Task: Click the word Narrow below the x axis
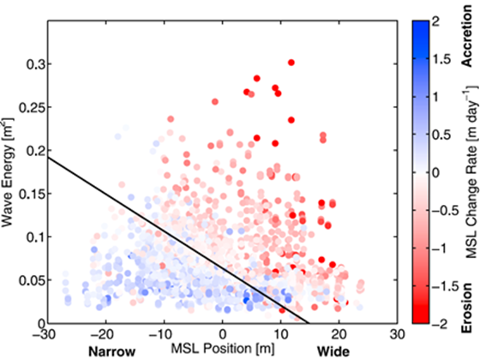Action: tap(112, 351)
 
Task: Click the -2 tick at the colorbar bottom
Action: tap(437, 322)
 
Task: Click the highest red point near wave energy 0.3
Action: tap(291, 63)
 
